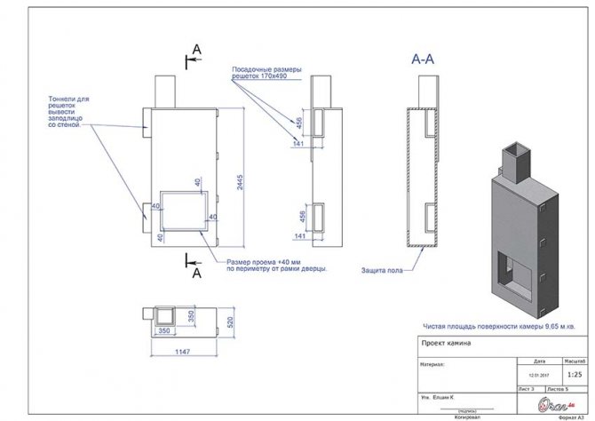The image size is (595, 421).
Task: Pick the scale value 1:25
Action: pos(574,375)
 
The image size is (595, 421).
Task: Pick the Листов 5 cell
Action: pos(559,389)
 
